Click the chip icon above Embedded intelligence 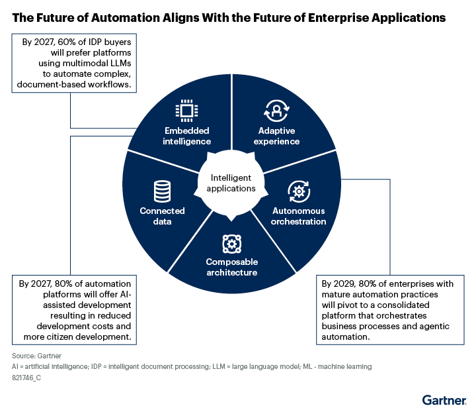[186, 111]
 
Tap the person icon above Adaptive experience [276, 111]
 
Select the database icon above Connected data [162, 191]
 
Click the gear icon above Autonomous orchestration [299, 191]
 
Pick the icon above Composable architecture [232, 244]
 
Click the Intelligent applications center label [231, 183]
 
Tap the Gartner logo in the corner [444, 400]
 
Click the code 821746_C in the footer [26, 378]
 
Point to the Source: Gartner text [37, 356]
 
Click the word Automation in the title [126, 18]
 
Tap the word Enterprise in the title [338, 19]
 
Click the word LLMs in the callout [120, 64]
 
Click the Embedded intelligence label [186, 136]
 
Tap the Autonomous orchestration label [299, 216]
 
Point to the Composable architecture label [232, 267]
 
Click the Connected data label [162, 216]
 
